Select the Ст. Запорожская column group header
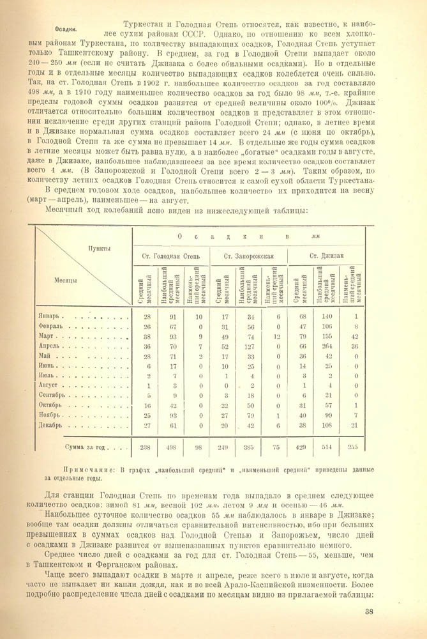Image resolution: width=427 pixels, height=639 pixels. click(249, 256)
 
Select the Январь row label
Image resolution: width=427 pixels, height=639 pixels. click(52, 316)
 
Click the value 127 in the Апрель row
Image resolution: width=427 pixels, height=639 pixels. click(250, 346)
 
